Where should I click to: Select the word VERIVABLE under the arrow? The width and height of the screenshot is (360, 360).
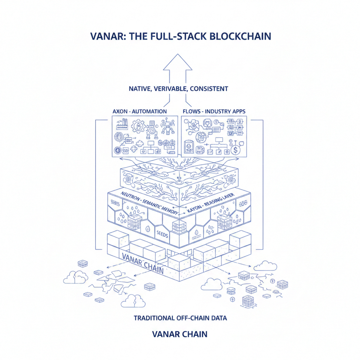(x=173, y=89)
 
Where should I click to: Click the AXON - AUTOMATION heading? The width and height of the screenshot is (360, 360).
(x=140, y=112)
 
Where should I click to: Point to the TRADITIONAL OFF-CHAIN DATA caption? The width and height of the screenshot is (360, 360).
(x=180, y=318)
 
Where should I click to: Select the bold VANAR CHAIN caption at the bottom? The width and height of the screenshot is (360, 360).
(x=180, y=334)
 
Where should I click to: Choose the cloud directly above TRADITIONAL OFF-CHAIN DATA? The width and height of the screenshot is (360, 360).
(x=132, y=300)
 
